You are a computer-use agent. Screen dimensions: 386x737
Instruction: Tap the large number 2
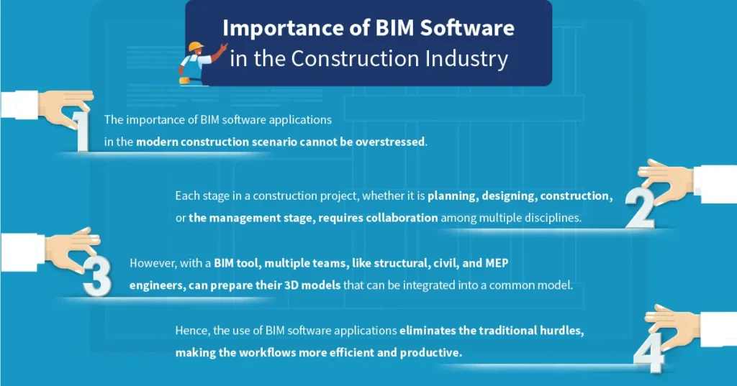point(640,208)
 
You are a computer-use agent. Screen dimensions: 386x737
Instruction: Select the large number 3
point(97,277)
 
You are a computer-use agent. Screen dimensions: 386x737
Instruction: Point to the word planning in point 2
point(452,196)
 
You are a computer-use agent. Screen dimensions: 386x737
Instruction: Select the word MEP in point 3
point(497,262)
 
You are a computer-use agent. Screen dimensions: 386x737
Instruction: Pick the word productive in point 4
point(429,353)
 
